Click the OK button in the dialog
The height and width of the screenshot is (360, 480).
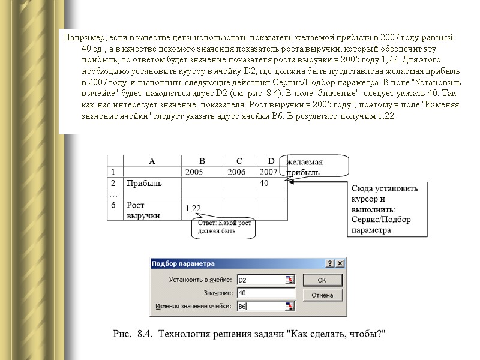coord(322,280)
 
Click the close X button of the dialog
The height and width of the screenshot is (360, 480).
coord(340,263)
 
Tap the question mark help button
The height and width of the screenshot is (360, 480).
coord(330,263)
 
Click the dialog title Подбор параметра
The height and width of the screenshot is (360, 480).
coord(183,263)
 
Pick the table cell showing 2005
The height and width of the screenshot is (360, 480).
coord(202,172)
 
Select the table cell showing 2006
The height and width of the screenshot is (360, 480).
coord(239,172)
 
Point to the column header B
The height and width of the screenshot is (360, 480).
coord(202,161)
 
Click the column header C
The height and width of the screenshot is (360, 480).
coord(239,161)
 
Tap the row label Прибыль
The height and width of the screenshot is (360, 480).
coord(143,183)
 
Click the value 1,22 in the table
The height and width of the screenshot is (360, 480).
coord(193,208)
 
